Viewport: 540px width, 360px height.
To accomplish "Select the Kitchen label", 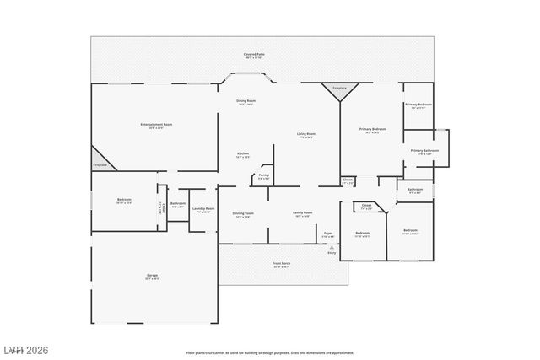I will point(243,154).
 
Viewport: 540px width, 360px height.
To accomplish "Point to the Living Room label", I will point(305,135).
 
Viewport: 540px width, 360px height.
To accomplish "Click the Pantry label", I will point(264,176).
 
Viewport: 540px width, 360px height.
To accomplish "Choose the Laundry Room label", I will point(203,209).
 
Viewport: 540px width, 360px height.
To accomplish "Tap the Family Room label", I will point(302,214).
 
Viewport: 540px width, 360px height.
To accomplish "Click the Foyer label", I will point(328,234).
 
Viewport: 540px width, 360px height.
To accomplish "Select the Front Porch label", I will point(281,265).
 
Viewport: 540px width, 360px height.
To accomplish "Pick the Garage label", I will point(153,276).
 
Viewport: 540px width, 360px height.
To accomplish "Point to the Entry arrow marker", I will point(332,247).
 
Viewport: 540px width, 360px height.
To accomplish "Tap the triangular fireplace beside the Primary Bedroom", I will point(340,91).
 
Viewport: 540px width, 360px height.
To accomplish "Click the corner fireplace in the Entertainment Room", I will point(101,159).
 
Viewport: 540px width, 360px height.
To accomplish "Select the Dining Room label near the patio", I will point(246,102).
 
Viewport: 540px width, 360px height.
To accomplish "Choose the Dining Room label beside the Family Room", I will point(243,214).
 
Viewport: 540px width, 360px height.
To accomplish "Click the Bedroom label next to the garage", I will point(124,201).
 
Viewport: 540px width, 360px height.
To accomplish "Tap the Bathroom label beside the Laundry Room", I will point(178,204).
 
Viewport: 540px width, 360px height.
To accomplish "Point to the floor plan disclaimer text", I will point(270,352).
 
